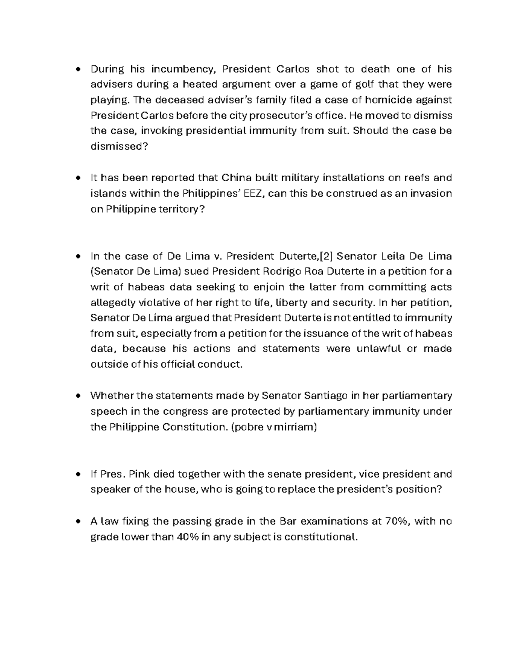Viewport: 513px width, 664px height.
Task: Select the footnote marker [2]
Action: pos(327,256)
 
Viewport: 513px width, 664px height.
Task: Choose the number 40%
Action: pos(188,537)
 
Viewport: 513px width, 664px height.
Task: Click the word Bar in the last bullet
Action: pos(287,521)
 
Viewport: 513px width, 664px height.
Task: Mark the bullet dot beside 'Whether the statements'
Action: pos(78,396)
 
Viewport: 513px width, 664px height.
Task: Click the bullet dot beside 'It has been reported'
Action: pos(78,178)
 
